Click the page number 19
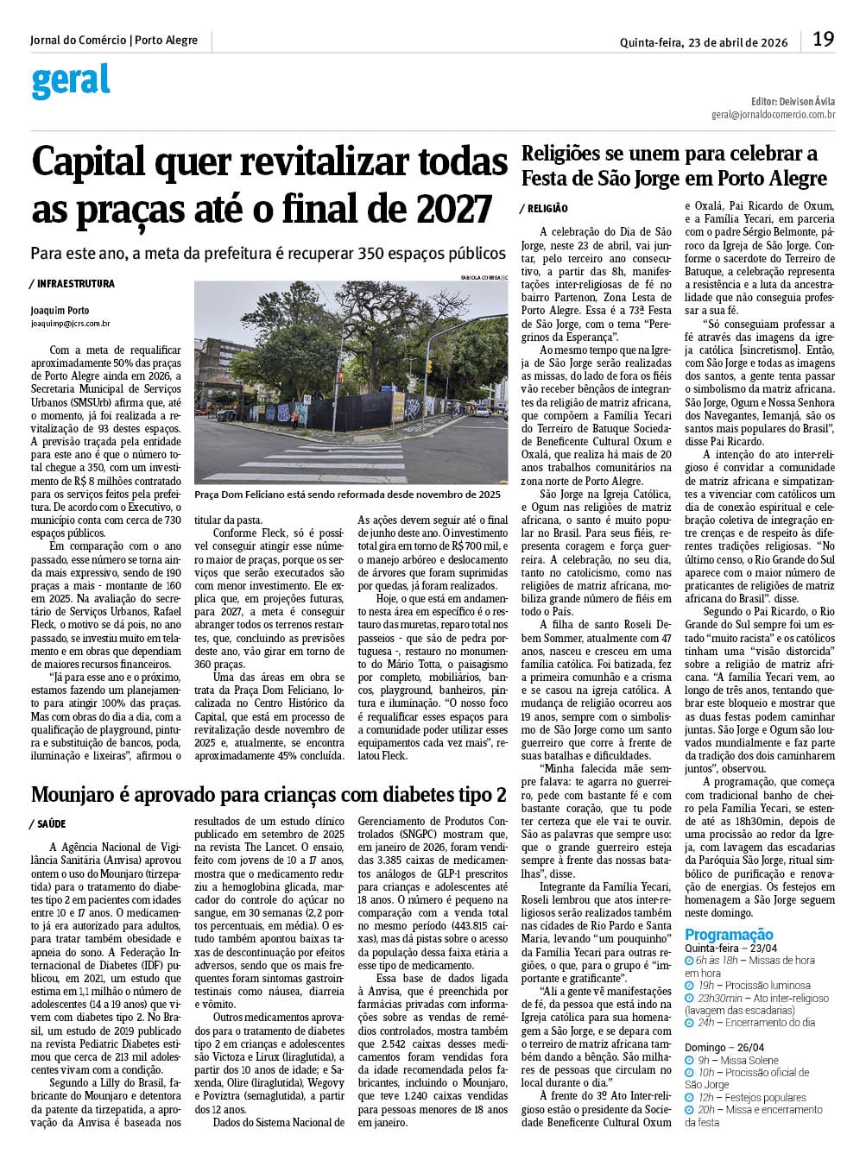(823, 39)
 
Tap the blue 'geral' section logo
(71, 81)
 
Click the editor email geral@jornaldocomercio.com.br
(773, 114)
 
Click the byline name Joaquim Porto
(60, 311)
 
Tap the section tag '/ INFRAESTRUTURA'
(72, 284)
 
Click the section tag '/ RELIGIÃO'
(544, 209)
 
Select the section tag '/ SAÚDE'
(47, 824)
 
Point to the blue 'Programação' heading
(729, 935)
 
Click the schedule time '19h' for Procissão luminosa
(705, 985)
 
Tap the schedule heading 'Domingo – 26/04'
(724, 1047)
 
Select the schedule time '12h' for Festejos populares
(705, 1098)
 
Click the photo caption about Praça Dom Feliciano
(347, 495)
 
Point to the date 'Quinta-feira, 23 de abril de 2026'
(703, 42)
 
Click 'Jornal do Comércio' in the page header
(78, 41)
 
